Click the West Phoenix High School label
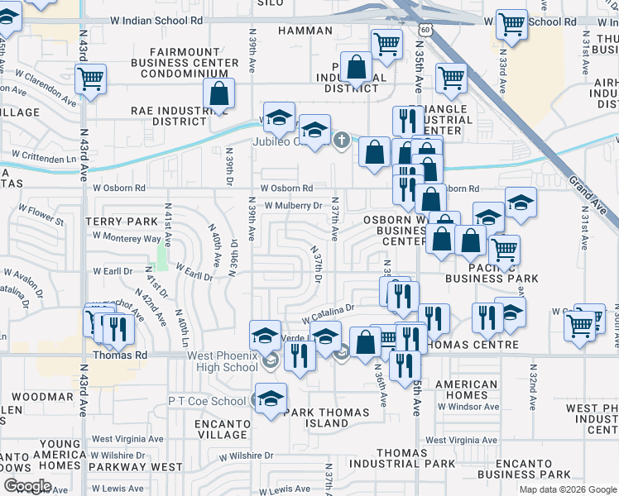tap(223, 361)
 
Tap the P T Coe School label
tap(207, 401)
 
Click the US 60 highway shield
tap(423, 29)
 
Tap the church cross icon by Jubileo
tap(342, 141)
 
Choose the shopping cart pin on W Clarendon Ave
tap(90, 79)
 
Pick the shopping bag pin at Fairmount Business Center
tap(218, 94)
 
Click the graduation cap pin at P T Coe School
tap(271, 398)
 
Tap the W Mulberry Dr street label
tap(293, 206)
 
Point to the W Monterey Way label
tap(127, 237)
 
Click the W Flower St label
tap(37, 221)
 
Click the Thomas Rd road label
tap(120, 355)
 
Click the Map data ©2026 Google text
tap(567, 489)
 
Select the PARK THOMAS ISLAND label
tap(315, 417)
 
